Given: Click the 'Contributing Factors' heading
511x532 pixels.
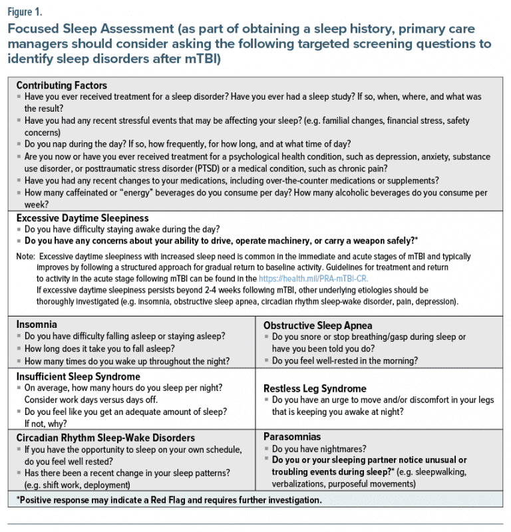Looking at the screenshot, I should tap(61, 86).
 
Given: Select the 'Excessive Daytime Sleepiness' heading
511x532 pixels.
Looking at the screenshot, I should tap(82, 218).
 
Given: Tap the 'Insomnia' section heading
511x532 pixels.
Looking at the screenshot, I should tap(37, 325).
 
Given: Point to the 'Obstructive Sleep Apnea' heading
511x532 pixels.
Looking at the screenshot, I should tap(313, 326).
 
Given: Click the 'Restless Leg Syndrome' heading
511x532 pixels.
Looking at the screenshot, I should tap(315, 388).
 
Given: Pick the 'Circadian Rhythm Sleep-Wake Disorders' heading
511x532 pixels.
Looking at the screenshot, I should tap(105, 438).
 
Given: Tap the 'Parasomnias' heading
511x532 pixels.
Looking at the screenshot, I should tap(292, 437).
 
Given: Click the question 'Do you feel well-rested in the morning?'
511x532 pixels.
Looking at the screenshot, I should tap(345, 361).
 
